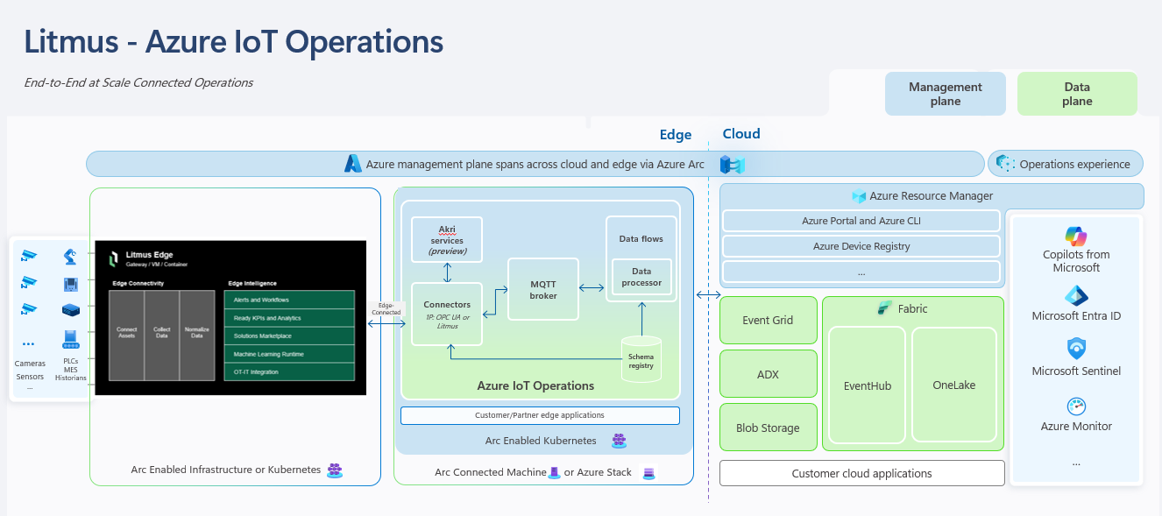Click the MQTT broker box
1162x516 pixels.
543,289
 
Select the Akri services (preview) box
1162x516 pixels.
447,239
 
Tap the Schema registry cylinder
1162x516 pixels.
641,359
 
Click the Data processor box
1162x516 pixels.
641,278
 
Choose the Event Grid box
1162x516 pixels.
768,320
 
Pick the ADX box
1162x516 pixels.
768,374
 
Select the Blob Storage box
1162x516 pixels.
768,428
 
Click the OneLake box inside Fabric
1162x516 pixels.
953,385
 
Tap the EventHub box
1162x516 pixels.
867,385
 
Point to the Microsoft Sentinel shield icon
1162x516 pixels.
1076,349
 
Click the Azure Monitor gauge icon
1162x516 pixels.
1076,406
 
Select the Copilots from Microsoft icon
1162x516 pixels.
1076,236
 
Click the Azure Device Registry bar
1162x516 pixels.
861,246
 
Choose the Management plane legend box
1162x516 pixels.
945,94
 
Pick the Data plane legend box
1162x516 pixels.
1076,94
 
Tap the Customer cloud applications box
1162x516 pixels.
861,473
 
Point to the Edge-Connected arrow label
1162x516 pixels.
386,309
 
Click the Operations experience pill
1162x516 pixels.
1066,164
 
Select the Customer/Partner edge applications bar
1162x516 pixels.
539,415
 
